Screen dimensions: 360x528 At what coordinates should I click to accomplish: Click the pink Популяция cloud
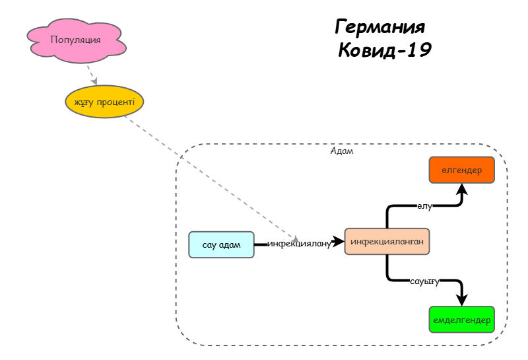point(75,41)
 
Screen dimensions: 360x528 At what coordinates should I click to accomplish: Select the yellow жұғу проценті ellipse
point(104,102)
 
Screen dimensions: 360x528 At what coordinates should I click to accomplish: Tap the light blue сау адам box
point(221,244)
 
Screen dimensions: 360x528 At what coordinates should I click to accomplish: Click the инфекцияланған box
point(387,242)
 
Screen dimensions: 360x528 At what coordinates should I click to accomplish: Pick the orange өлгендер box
point(461,170)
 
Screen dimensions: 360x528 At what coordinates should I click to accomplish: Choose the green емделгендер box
point(461,320)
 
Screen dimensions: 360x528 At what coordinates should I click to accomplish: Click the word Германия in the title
point(380,28)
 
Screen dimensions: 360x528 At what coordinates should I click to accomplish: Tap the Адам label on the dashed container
point(341,151)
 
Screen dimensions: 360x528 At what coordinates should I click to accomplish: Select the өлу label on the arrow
point(424,206)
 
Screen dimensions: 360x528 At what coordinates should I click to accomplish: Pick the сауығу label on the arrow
point(424,281)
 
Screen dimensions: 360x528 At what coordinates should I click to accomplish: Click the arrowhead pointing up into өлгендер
point(462,189)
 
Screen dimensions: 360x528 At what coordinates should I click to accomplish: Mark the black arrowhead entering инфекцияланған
point(339,242)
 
